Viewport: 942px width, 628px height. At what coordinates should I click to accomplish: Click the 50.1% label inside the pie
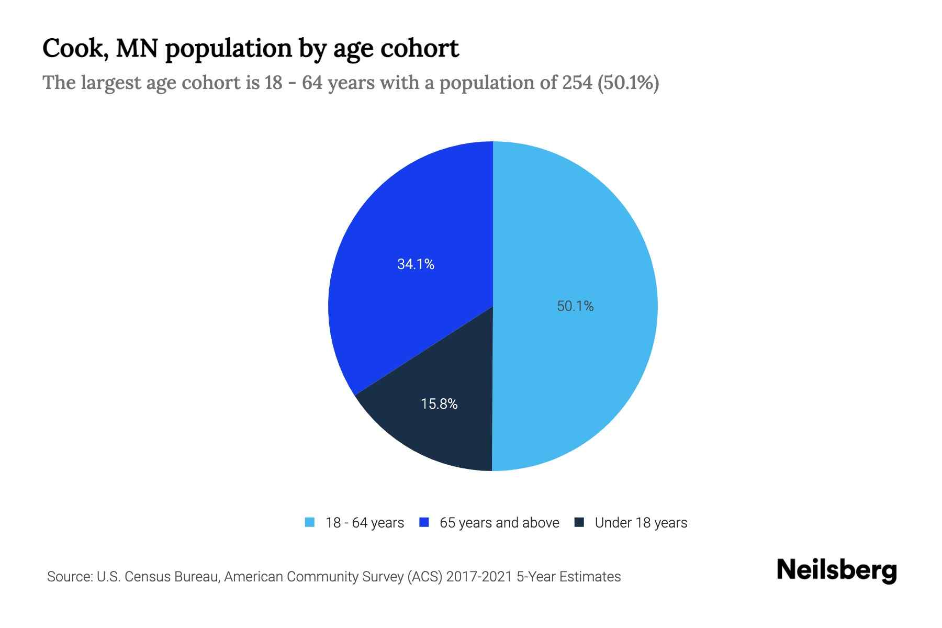[x=575, y=306]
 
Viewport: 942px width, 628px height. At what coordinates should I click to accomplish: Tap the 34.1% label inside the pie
[x=416, y=264]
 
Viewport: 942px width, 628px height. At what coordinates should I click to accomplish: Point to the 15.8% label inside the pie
[x=439, y=404]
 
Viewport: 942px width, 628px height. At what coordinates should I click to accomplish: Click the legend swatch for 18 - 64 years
[x=310, y=522]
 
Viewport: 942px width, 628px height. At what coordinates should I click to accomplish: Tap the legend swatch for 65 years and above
[x=424, y=522]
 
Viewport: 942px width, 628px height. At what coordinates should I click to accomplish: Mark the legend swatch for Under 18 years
[x=579, y=522]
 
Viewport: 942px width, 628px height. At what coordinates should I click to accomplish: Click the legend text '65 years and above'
[x=499, y=523]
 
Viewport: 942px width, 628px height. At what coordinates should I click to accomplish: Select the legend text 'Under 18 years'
[x=641, y=523]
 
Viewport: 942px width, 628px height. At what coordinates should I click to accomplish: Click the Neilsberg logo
[x=836, y=570]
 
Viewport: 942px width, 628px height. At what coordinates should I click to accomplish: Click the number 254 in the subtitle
[x=577, y=83]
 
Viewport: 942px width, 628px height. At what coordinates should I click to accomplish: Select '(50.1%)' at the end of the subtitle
[x=628, y=83]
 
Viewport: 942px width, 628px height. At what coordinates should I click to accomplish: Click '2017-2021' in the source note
[x=479, y=577]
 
